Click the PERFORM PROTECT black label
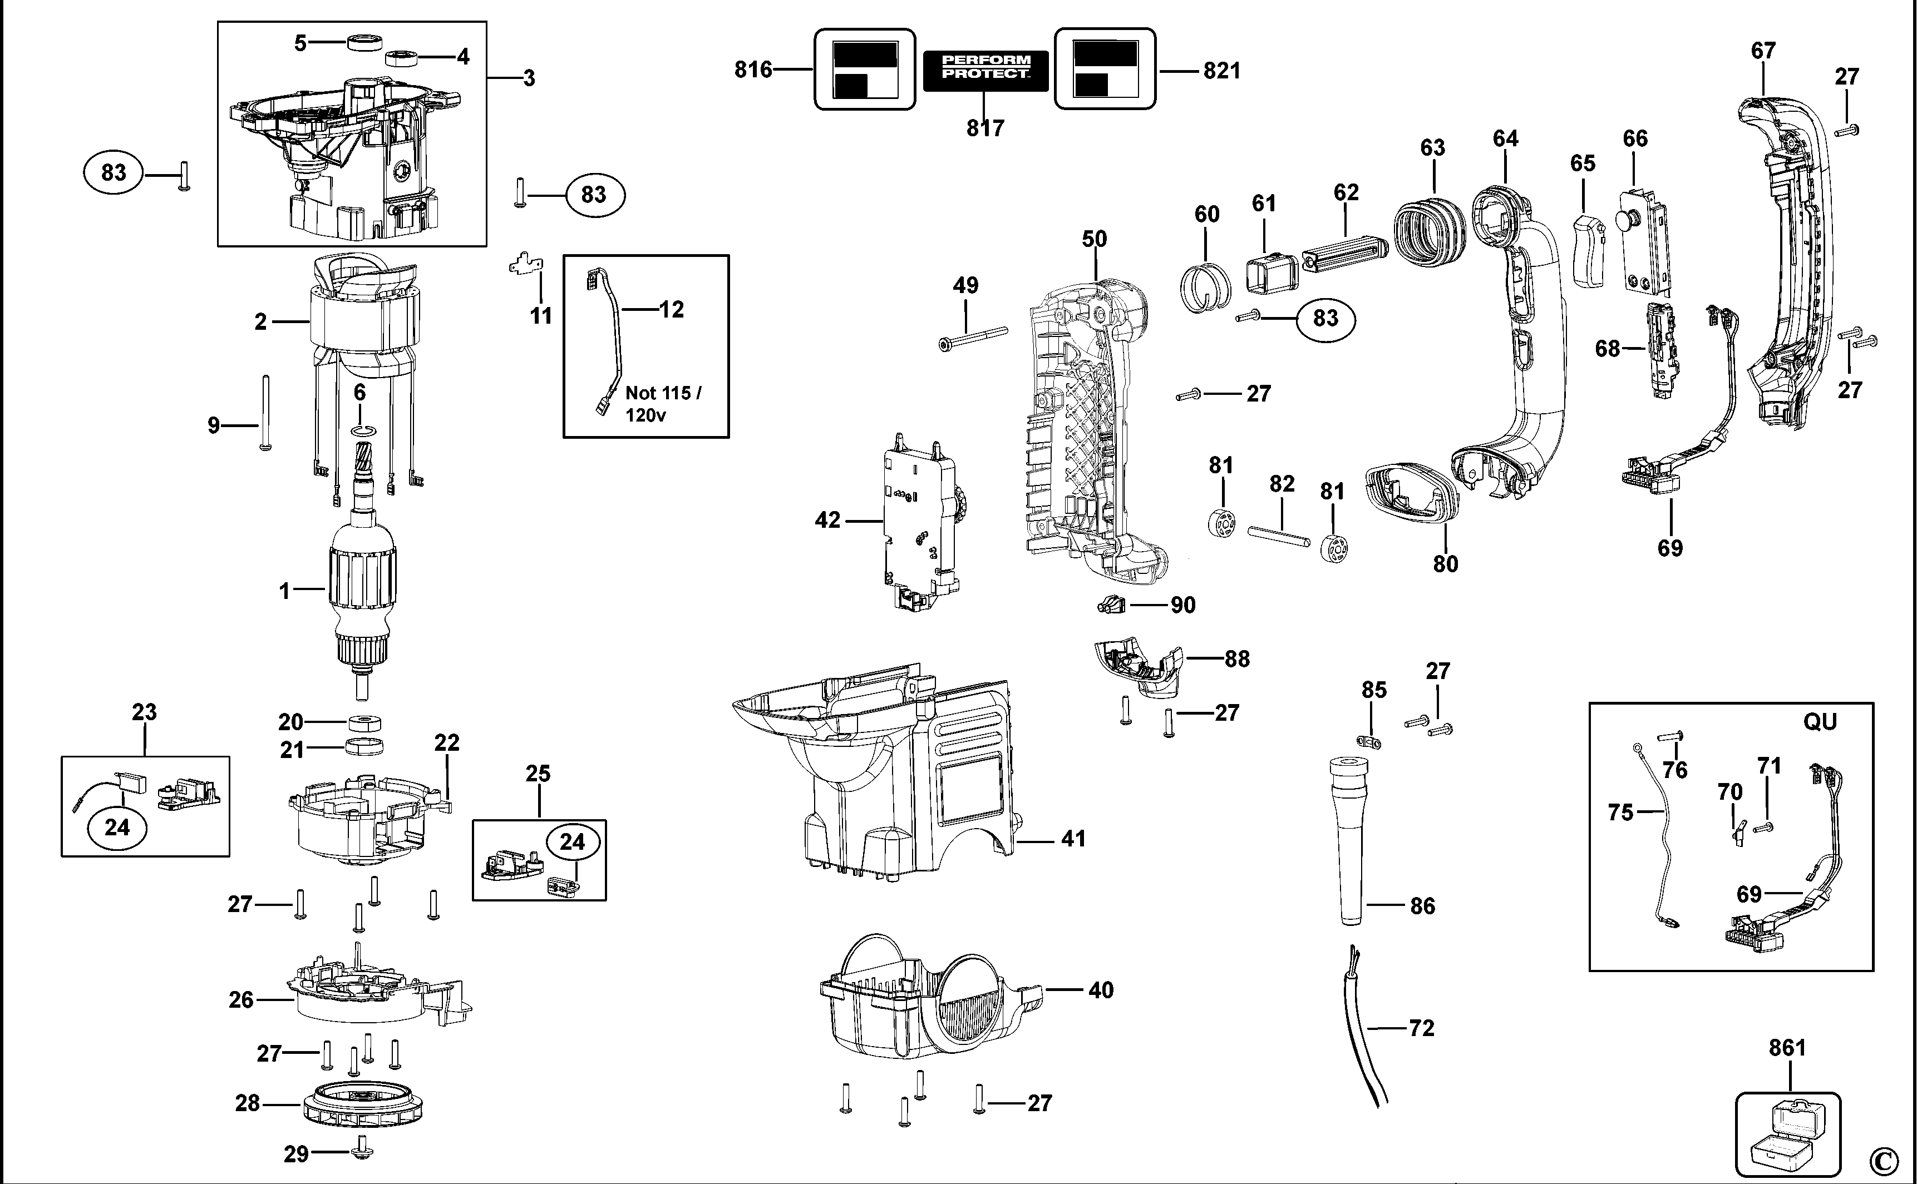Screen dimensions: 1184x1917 985,70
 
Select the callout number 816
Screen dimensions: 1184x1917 753,70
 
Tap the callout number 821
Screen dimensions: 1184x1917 1221,71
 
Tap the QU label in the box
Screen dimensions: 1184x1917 1819,721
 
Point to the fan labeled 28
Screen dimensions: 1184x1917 361,1104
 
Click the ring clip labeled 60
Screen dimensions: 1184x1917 1205,286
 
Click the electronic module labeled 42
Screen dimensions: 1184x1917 922,521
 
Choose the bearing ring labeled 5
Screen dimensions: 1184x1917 362,42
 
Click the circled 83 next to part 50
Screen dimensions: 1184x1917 1325,318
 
